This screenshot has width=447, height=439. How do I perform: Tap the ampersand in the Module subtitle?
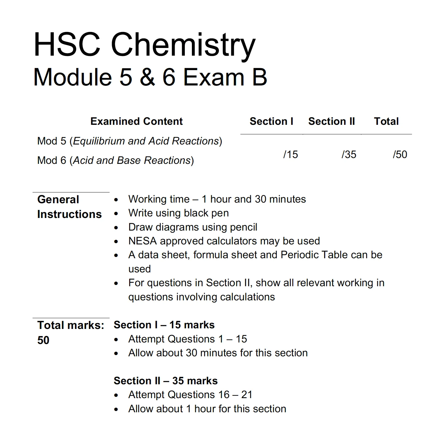[148, 77]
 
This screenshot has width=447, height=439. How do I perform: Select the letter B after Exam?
[260, 77]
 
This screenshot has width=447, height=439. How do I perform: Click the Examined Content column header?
[136, 121]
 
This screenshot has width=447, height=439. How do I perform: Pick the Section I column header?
[271, 121]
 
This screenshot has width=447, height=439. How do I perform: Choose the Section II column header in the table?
[332, 121]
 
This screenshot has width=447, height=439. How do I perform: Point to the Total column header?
[386, 121]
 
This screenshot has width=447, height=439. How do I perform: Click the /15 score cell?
[290, 154]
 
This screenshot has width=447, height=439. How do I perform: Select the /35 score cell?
[349, 154]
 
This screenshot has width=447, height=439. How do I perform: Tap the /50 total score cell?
[400, 154]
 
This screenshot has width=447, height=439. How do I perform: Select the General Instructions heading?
[69, 207]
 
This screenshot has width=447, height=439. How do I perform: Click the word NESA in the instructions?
[142, 241]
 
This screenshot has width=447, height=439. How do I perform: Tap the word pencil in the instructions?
[243, 227]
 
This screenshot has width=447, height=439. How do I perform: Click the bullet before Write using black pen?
[116, 214]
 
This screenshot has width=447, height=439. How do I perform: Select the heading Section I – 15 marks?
[164, 325]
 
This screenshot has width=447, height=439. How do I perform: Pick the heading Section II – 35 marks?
[165, 381]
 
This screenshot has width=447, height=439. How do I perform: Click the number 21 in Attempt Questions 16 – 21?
[247, 395]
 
